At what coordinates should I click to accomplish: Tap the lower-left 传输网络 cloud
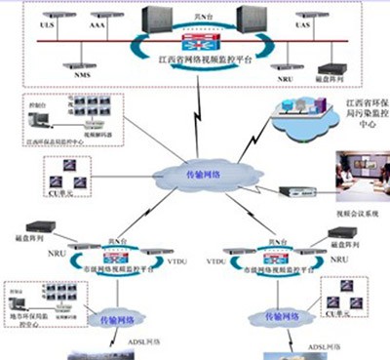tap(111, 318)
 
